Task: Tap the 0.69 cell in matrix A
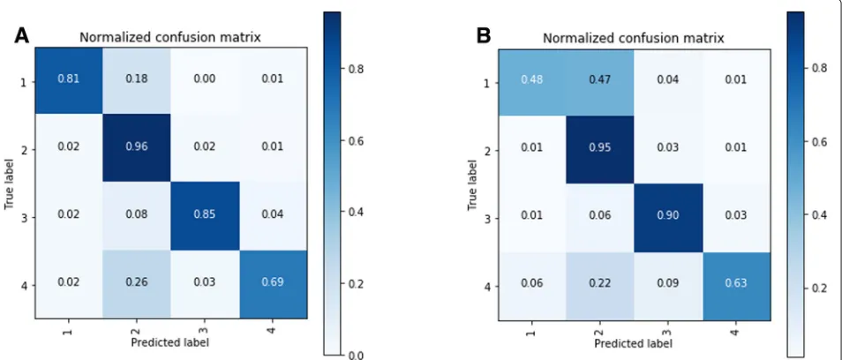pos(274,284)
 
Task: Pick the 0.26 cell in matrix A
pos(138,284)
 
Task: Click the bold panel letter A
pos(21,35)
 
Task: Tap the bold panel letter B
pos(484,35)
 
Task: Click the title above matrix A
pos(170,38)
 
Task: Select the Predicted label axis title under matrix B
pos(634,343)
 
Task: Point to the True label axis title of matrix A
pos(9,183)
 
